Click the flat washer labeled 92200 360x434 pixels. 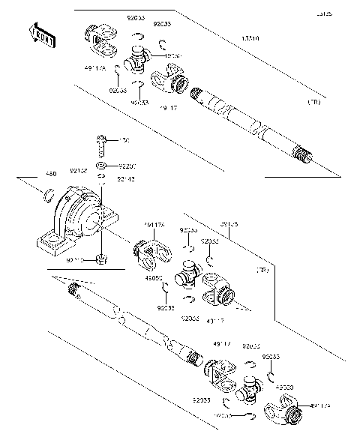point(100,165)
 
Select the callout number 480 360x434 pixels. point(31,174)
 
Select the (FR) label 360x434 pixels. point(263,270)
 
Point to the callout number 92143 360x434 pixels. point(127,179)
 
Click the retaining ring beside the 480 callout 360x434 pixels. point(47,197)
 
